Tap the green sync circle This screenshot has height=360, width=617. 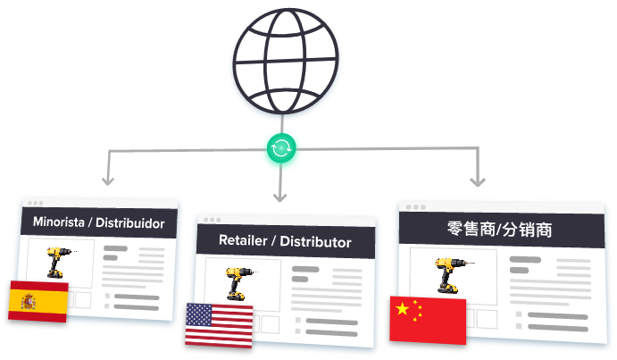(x=281, y=147)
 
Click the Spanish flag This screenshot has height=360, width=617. (x=38, y=301)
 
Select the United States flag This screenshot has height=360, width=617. (x=219, y=325)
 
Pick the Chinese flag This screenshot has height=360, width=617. (x=428, y=320)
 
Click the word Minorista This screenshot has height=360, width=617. (x=59, y=222)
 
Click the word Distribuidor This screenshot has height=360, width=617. (x=130, y=223)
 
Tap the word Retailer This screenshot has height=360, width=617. (x=243, y=240)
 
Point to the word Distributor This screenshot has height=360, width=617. (x=315, y=242)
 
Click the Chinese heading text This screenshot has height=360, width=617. (x=500, y=229)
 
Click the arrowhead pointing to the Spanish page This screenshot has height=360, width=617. (x=108, y=180)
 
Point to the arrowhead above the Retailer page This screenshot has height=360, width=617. (x=279, y=197)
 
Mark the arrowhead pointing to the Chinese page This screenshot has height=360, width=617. (x=478, y=181)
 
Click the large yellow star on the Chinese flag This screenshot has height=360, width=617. (x=403, y=308)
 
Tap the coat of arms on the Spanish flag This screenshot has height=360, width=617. (x=29, y=302)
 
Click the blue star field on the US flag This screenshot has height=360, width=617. (x=199, y=314)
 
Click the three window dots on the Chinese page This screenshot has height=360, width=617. (x=416, y=207)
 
